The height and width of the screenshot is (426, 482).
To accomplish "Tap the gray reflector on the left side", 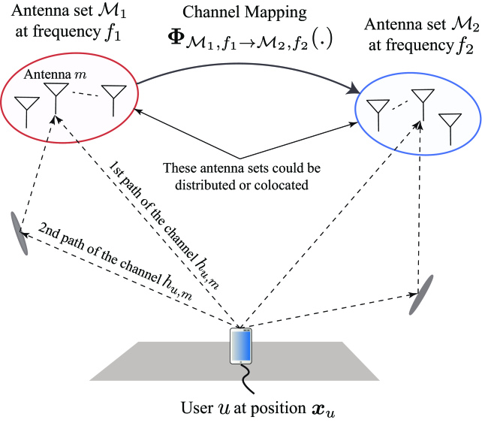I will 19,234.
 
